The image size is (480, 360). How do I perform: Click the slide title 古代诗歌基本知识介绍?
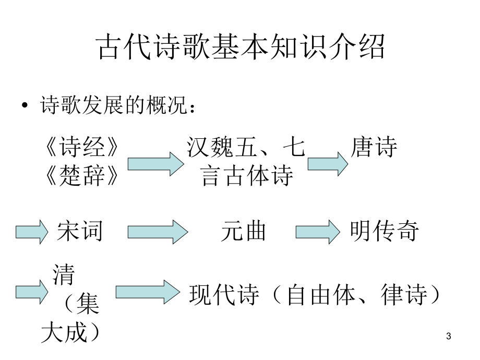click(240, 46)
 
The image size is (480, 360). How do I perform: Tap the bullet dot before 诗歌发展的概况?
click(25, 105)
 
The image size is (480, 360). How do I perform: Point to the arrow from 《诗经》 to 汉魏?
click(156, 164)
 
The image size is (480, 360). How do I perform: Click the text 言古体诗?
click(247, 175)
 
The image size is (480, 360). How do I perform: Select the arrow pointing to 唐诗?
click(328, 164)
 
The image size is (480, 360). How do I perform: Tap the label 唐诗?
click(374, 147)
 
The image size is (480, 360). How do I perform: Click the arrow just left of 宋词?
click(32, 232)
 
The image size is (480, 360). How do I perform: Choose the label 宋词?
click(80, 231)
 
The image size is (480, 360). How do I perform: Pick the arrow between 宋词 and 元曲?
click(158, 232)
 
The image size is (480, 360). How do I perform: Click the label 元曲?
click(243, 231)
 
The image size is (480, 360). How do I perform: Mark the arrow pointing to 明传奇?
click(318, 232)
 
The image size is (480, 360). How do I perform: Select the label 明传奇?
click(384, 231)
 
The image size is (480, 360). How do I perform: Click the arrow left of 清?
click(32, 292)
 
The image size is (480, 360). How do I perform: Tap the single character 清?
click(64, 274)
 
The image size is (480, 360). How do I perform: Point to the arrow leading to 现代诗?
click(148, 292)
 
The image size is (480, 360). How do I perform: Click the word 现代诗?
click(224, 294)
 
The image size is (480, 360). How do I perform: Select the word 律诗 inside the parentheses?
click(404, 294)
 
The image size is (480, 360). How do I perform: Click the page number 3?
click(449, 336)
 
